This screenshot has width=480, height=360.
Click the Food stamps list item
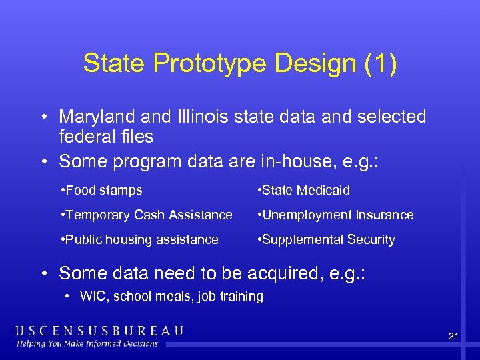coord(101,191)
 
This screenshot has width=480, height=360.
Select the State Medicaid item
coord(303,191)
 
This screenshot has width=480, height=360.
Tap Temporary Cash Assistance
coord(146,215)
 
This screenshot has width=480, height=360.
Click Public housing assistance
coord(139,240)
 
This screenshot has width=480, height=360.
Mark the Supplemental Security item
coord(326,240)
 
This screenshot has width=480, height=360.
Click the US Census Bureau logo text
coord(99,331)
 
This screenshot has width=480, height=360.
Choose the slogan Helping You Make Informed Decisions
coord(87,344)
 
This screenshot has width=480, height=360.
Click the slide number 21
coord(453,337)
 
